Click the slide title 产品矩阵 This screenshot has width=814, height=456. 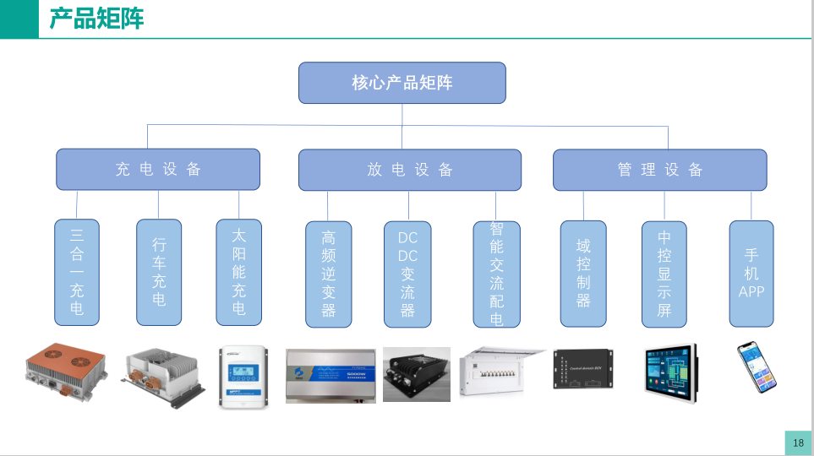(x=96, y=19)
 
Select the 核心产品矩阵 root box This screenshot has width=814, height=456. (x=402, y=83)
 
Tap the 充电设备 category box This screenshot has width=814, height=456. (x=158, y=169)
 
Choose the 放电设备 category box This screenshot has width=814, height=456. (x=410, y=170)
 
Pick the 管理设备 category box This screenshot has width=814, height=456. (x=659, y=170)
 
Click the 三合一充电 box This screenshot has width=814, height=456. (x=77, y=272)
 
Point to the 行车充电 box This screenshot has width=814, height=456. (x=159, y=272)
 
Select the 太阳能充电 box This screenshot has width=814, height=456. (x=239, y=272)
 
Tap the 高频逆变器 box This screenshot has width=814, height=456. (x=328, y=274)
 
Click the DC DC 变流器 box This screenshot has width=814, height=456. (x=407, y=274)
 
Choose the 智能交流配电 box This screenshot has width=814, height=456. (x=496, y=274)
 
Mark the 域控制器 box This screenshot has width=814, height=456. (x=583, y=274)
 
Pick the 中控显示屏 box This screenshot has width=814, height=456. (x=664, y=274)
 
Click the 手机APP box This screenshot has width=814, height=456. (x=751, y=274)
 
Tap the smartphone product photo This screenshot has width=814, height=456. (x=756, y=368)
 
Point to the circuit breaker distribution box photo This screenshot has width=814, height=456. (x=502, y=372)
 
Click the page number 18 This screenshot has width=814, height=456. (x=798, y=442)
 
